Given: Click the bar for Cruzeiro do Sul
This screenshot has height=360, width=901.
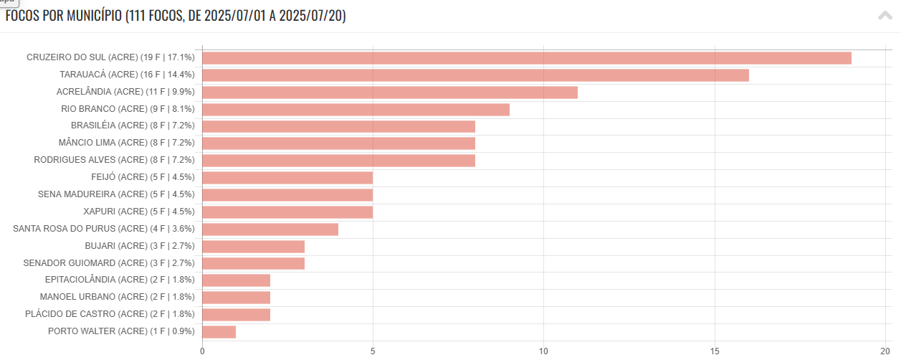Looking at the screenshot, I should (527, 58).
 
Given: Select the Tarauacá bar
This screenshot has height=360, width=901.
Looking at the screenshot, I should (475, 75).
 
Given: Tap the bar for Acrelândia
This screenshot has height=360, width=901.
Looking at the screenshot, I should (390, 93).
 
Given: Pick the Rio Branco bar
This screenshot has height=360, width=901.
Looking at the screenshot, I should (356, 110).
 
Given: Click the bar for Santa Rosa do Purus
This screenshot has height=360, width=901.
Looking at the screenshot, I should (270, 229).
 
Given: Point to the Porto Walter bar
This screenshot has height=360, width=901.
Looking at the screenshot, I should (219, 332).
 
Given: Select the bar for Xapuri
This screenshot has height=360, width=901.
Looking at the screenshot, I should (287, 212).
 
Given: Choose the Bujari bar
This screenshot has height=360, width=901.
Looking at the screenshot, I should (253, 247).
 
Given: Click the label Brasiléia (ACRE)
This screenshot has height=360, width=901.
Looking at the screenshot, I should (133, 126).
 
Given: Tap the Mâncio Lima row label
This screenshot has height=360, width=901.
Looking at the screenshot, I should (126, 143).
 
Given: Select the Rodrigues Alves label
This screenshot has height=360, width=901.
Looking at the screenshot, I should (114, 161).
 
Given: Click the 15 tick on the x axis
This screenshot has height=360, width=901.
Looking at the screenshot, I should (715, 351).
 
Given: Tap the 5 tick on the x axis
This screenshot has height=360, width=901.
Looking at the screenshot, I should (373, 351).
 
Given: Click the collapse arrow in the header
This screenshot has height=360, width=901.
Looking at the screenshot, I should (885, 16).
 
